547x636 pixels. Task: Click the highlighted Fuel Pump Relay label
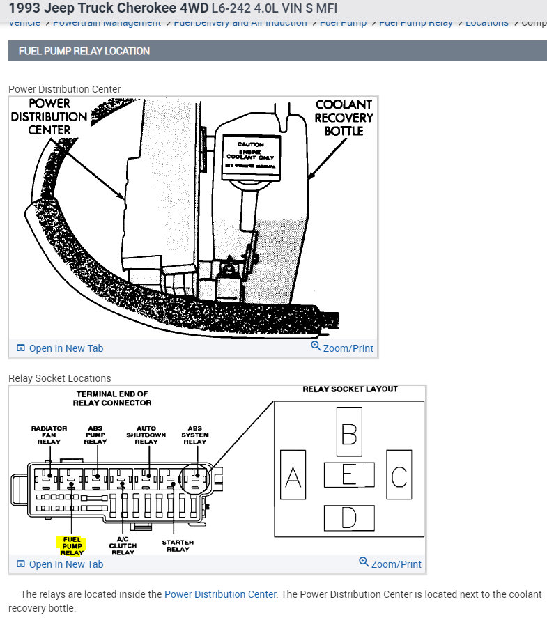pyautogui.click(x=72, y=546)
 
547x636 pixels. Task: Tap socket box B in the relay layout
pyautogui.click(x=349, y=432)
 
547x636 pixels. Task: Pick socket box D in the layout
pyautogui.click(x=349, y=518)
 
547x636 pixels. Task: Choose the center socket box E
pyautogui.click(x=349, y=475)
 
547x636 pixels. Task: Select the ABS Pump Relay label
pyautogui.click(x=95, y=435)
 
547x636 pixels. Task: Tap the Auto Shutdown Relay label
pyautogui.click(x=146, y=435)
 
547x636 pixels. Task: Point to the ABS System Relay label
pyautogui.click(x=195, y=435)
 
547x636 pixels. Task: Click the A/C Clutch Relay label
pyautogui.click(x=123, y=545)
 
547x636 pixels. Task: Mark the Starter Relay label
pyautogui.click(x=178, y=545)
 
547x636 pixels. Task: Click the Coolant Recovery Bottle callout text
pyautogui.click(x=344, y=117)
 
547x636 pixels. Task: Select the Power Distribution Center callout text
pyautogui.click(x=49, y=116)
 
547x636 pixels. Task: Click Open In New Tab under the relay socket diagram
pyautogui.click(x=60, y=564)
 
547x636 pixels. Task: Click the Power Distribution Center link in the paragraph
pyautogui.click(x=220, y=594)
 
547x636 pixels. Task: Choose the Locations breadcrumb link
pyautogui.click(x=486, y=22)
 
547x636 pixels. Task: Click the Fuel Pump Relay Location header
pyautogui.click(x=84, y=51)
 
